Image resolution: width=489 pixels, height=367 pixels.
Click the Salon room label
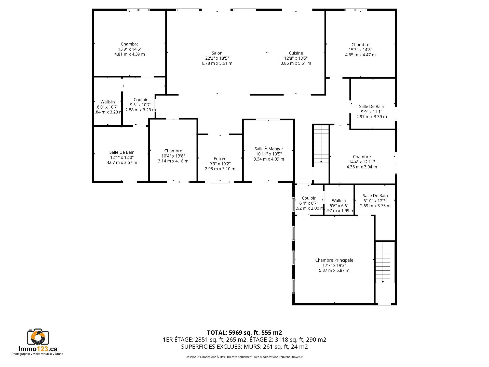pos(217,53)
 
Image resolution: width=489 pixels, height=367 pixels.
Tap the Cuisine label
pos(296,53)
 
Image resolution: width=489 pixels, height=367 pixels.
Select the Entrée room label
pos(220,159)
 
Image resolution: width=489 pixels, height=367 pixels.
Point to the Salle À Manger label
pos(269,149)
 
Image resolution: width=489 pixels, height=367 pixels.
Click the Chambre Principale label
pos(334,260)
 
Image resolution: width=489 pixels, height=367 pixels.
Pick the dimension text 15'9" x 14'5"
pos(130,49)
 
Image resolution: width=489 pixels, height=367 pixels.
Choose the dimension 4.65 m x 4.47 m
pos(360,55)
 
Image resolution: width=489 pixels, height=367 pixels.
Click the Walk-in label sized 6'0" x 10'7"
pos(107,102)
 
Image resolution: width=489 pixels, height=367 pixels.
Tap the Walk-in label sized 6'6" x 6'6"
pos(339,201)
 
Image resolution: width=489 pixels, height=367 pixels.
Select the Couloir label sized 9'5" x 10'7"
pos(141,100)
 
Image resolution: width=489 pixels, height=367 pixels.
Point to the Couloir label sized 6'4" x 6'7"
pos(309,198)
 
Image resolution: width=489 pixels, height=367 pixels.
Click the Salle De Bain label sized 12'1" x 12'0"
pos(122,152)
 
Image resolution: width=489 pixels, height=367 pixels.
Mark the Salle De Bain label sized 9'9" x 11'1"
pos(372,107)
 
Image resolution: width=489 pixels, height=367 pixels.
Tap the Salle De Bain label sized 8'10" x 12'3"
pos(375,195)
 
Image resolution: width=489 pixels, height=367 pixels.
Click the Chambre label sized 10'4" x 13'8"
pos(173,151)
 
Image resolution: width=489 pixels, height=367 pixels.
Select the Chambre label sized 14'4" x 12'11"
pos(362,157)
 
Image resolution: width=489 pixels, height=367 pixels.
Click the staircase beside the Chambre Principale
pos(383,262)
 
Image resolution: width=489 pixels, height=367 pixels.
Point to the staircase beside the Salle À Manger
pos(321,144)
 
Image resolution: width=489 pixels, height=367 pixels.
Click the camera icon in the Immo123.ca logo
pos(38,337)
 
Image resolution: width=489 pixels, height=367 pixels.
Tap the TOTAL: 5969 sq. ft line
pos(244,333)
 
